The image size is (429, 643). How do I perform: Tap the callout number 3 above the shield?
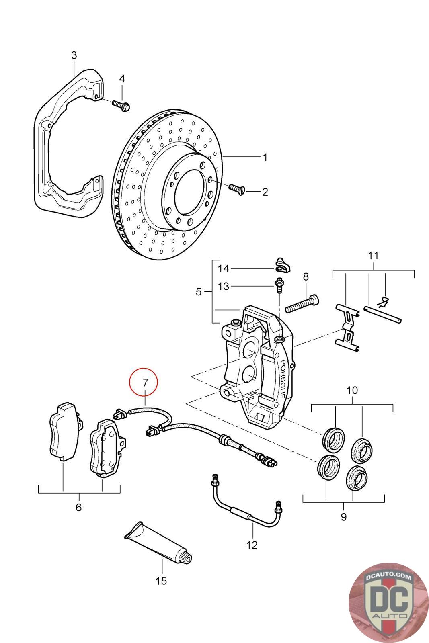[74, 55]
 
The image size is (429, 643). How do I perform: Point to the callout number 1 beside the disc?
[265, 157]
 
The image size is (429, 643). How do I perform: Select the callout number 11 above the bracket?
[373, 255]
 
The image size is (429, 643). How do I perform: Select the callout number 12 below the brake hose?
[252, 545]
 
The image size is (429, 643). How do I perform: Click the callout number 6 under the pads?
[78, 507]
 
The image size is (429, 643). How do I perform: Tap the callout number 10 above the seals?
[352, 390]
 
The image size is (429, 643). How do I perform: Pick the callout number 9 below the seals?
[343, 517]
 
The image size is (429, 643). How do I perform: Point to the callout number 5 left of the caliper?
[199, 291]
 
